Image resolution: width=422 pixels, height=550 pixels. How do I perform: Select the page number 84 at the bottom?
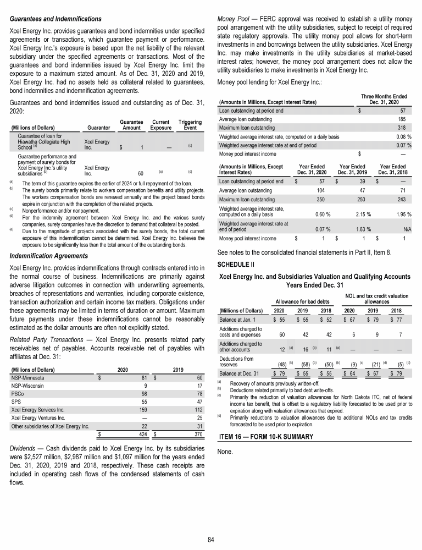point(210,538)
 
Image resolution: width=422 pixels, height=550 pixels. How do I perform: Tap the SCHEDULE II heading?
point(236,264)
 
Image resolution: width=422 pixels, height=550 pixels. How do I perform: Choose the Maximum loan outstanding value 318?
point(404,127)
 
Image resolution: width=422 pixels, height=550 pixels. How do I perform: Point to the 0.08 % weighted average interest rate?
point(404,136)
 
